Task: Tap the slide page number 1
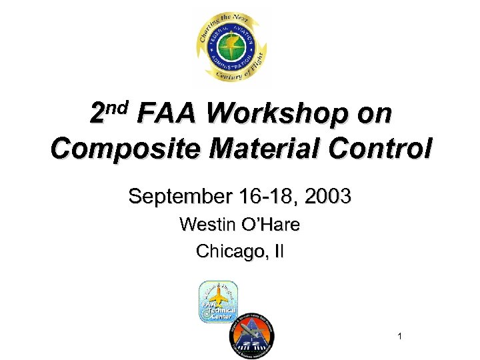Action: pos(399,337)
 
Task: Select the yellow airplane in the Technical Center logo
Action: pos(220,296)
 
